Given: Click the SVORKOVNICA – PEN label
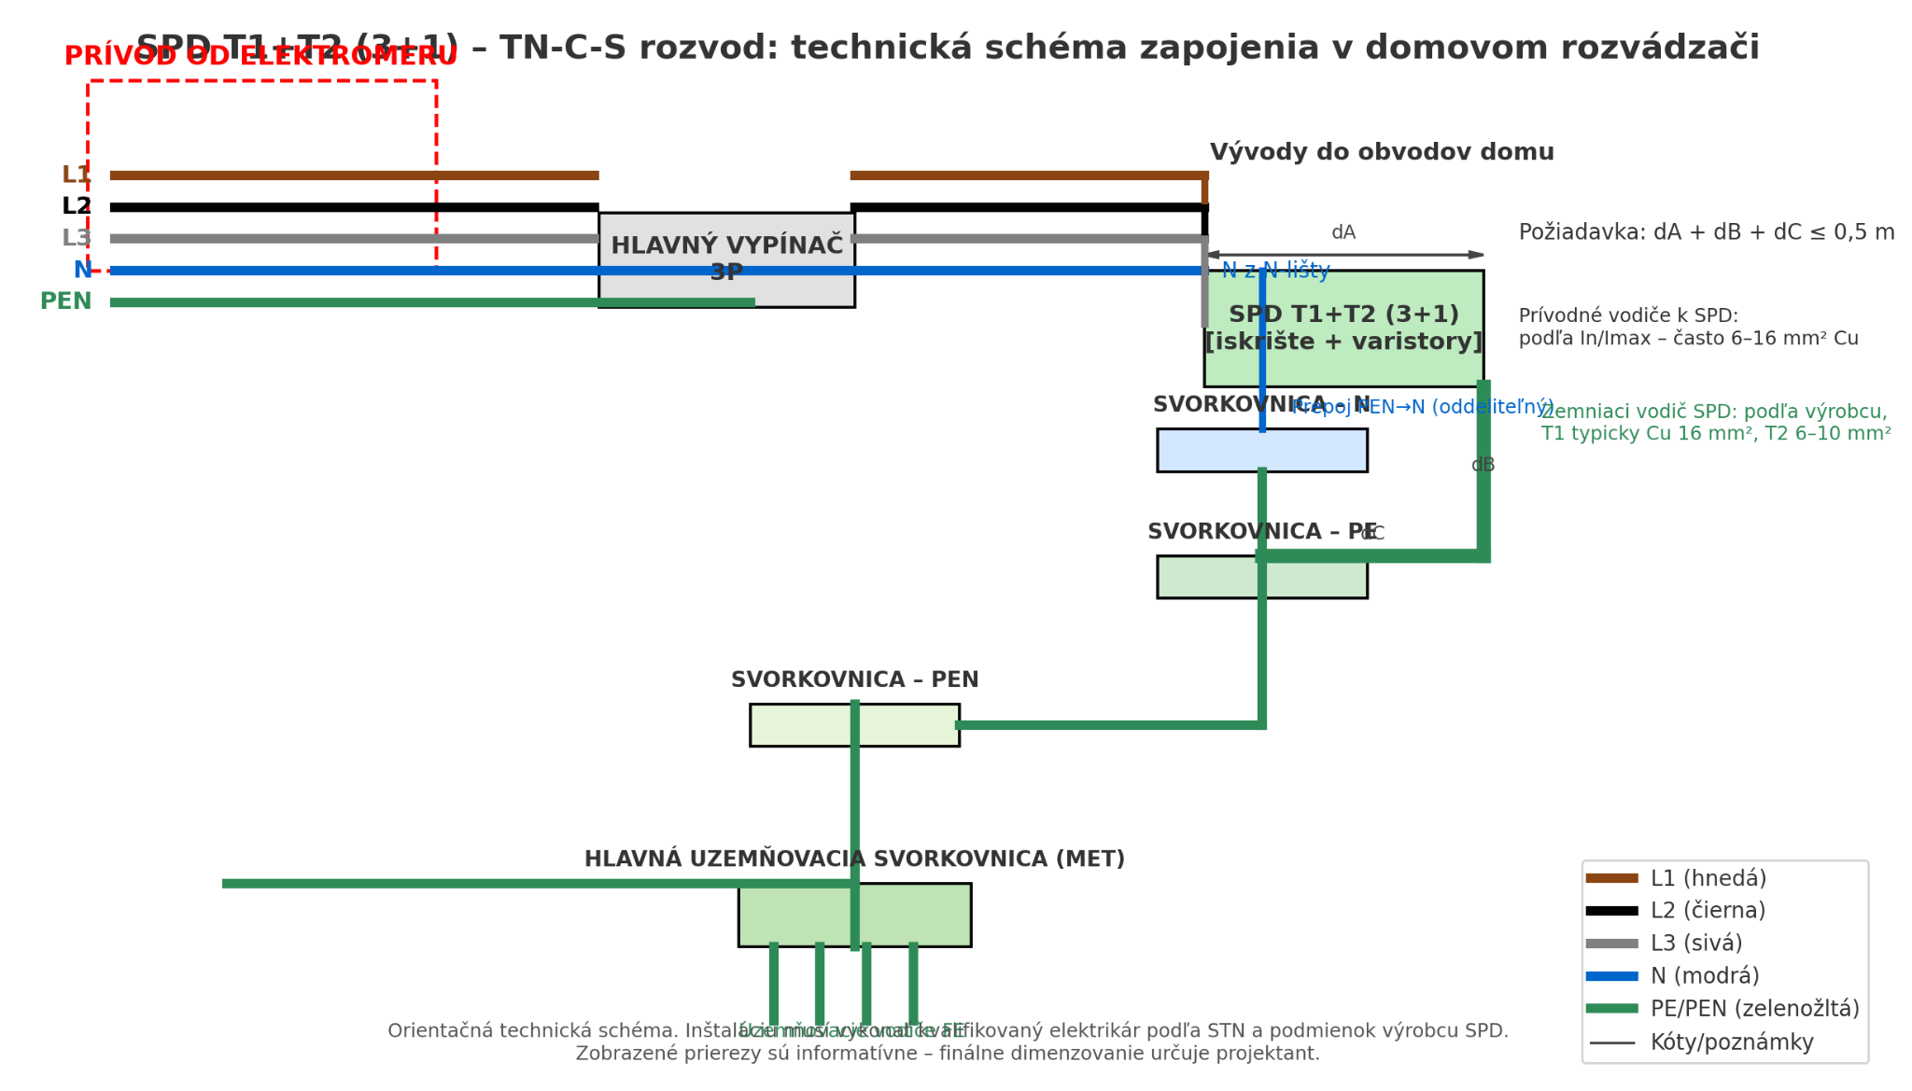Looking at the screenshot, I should pos(854,680).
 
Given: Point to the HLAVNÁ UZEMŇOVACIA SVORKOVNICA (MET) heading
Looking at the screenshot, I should pos(854,860).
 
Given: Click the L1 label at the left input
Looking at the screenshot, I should pos(76,175).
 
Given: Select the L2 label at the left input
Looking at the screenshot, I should pos(77,206).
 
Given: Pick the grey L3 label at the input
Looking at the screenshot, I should pos(76,238).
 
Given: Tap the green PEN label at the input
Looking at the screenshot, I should pos(65,301).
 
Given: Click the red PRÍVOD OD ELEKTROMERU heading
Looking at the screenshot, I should pos(260,57).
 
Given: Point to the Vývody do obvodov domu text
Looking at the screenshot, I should pos(1382,152).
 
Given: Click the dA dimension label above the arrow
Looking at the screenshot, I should pos(1343,232).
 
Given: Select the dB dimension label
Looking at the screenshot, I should pos(1483,465).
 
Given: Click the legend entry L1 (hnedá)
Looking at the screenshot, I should pos(1708,878).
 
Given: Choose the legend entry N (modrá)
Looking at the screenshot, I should pos(1704,976).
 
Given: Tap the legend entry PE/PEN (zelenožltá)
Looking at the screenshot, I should pos(1754,1009).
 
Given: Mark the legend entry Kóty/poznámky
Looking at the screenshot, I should pos(1732,1042).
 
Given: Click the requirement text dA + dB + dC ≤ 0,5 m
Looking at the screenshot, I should pos(1707,232).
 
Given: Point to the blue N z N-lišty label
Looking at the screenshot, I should pos(1275,271).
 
